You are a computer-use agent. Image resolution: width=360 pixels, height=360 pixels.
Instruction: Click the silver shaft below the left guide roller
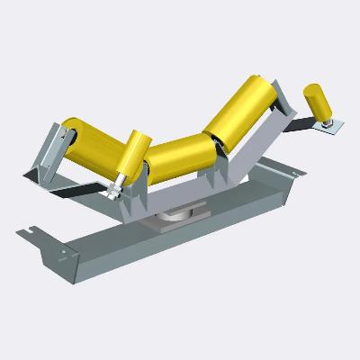[117, 185]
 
